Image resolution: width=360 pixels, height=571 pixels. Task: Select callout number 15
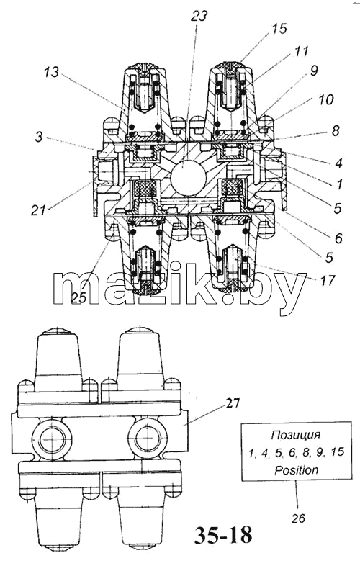point(279,29)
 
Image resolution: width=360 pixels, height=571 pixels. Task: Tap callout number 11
point(302,50)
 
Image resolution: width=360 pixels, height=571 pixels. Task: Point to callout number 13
point(51,72)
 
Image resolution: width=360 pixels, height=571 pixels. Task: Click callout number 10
point(325,99)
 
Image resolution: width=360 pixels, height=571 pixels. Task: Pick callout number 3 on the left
point(39,138)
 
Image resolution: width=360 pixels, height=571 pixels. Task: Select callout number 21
point(39,210)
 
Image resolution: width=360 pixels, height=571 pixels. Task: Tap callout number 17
point(327,280)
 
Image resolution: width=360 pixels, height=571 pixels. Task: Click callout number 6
point(338,238)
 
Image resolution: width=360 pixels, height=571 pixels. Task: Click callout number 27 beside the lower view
point(233,403)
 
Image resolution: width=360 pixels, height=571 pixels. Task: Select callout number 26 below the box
point(298,518)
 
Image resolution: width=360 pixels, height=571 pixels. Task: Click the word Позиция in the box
point(296,434)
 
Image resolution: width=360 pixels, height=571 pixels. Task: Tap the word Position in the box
point(297,469)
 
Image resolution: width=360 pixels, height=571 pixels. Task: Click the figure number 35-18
point(223,535)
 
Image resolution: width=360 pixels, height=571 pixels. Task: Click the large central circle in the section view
point(189,178)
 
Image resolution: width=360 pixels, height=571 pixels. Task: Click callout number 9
point(314,71)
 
